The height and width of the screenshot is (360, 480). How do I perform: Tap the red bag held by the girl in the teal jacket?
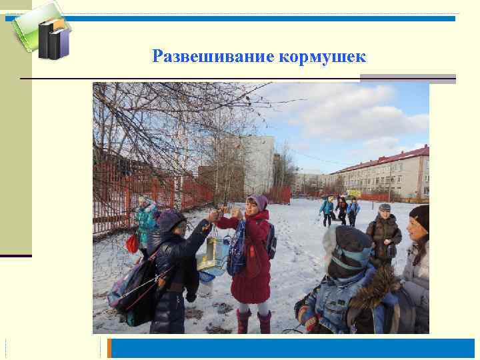pos(133,243)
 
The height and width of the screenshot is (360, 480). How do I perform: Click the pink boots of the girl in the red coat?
pos(254,322)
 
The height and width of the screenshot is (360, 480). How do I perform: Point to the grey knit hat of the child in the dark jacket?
pos(171,219)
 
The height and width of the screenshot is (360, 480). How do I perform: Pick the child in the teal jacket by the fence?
pos(145,223)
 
